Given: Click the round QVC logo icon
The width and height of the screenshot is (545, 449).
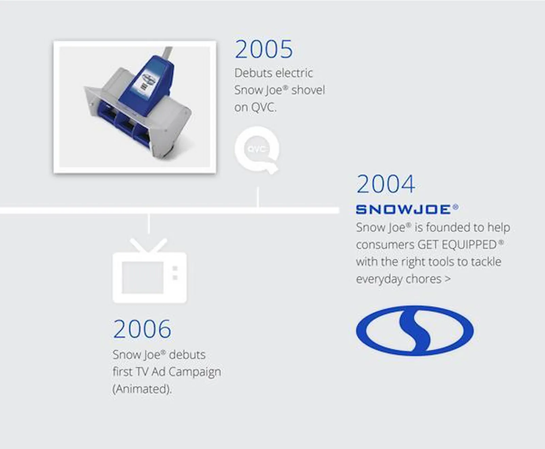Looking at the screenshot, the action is pos(257,149).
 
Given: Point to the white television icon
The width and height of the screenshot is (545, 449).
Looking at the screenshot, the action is pos(150,271).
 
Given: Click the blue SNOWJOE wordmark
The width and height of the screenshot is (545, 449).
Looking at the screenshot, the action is pos(407,209).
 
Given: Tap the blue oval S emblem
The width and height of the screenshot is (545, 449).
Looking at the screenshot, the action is pos(415,331).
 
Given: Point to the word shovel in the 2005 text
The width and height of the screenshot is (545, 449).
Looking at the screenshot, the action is pos(308,90).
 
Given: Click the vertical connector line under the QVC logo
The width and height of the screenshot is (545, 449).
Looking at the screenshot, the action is pos(258,197).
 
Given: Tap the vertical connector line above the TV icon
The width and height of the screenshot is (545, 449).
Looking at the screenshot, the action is pos(149,224).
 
